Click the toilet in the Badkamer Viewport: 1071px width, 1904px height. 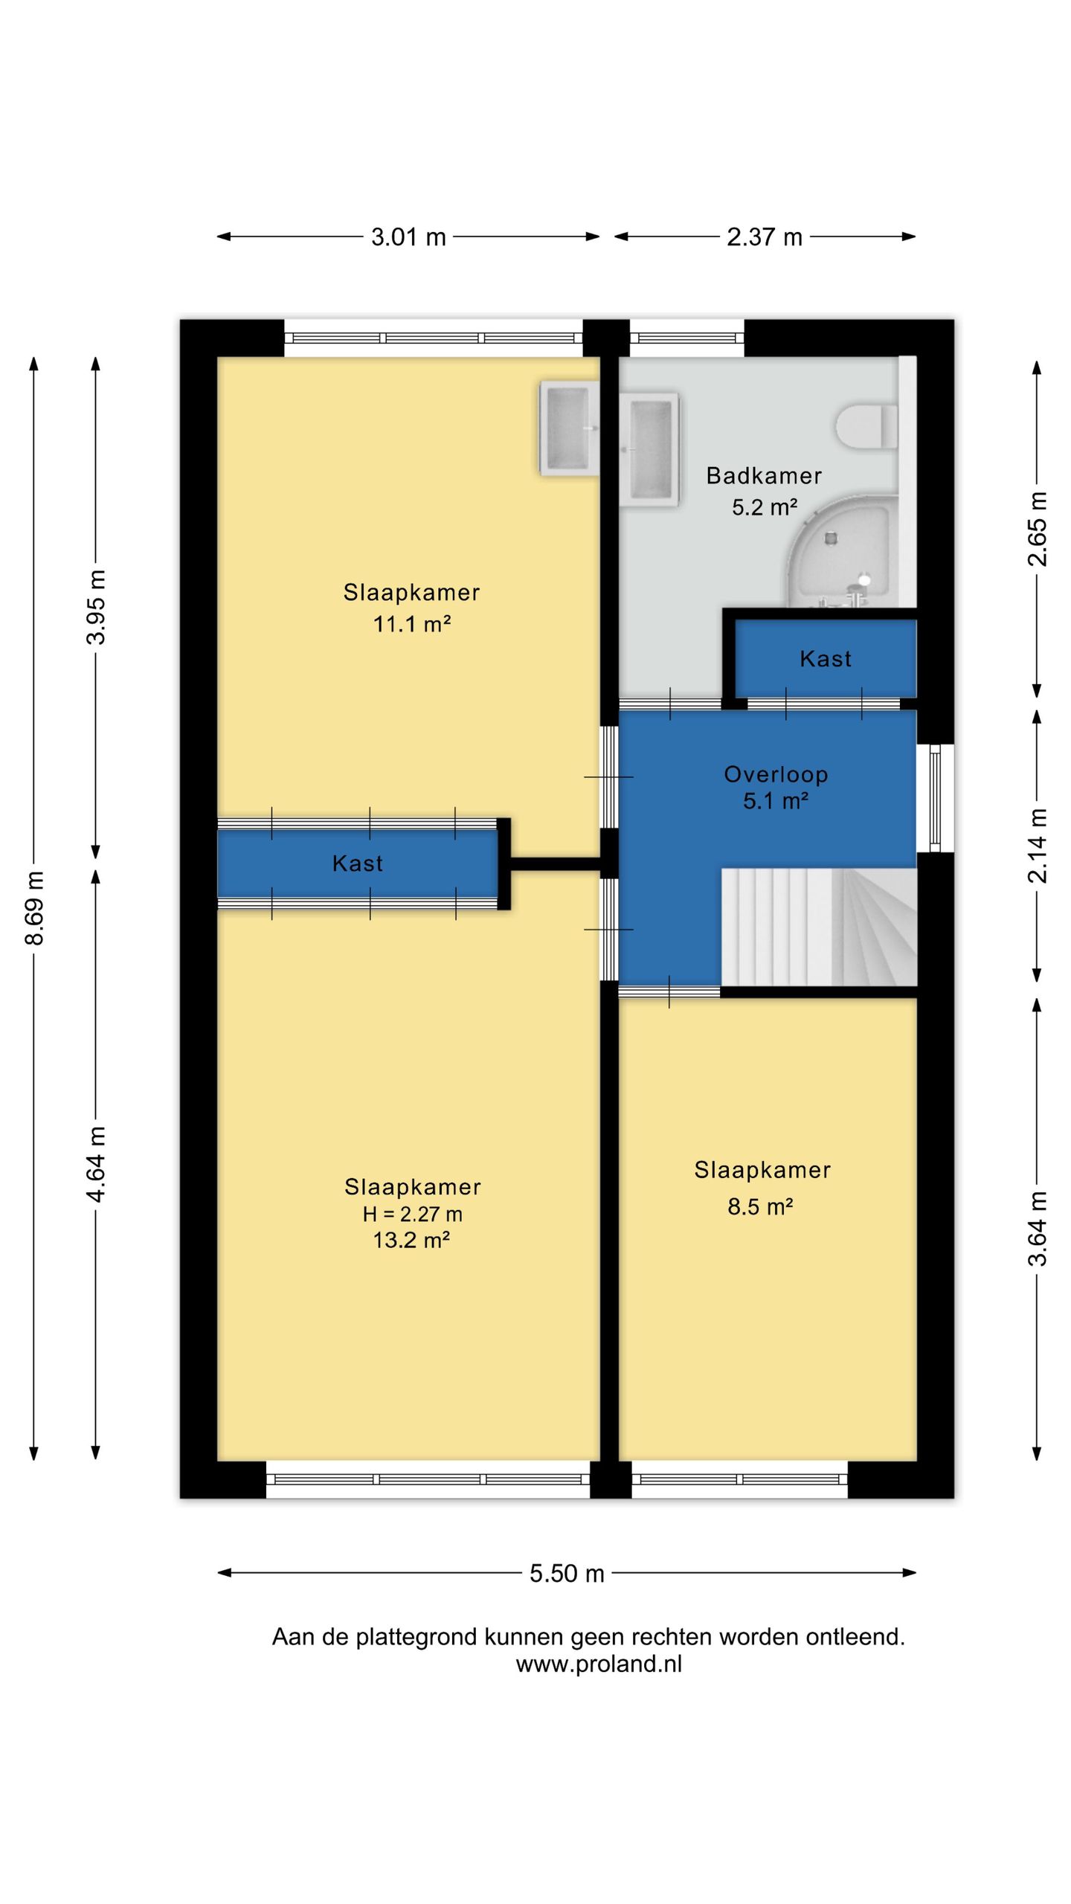[866, 426]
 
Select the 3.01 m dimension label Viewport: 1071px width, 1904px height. [408, 237]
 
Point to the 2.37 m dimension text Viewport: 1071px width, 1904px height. [765, 237]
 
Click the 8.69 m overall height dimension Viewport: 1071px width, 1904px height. [34, 907]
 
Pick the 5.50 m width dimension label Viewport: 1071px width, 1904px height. [567, 1573]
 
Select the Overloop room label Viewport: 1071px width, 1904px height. [776, 774]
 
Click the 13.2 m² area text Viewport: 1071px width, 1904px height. [411, 1240]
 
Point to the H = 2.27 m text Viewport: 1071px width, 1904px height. [413, 1214]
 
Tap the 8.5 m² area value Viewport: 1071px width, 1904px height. [760, 1206]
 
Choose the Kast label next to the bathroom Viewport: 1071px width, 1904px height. [826, 659]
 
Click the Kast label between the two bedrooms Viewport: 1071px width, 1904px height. [358, 863]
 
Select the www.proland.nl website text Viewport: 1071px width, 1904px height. [599, 1664]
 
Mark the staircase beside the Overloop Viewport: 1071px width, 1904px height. [819, 927]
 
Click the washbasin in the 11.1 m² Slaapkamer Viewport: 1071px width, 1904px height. [569, 429]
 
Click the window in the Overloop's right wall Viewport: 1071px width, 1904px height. [935, 798]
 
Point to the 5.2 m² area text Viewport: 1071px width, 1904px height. [765, 507]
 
